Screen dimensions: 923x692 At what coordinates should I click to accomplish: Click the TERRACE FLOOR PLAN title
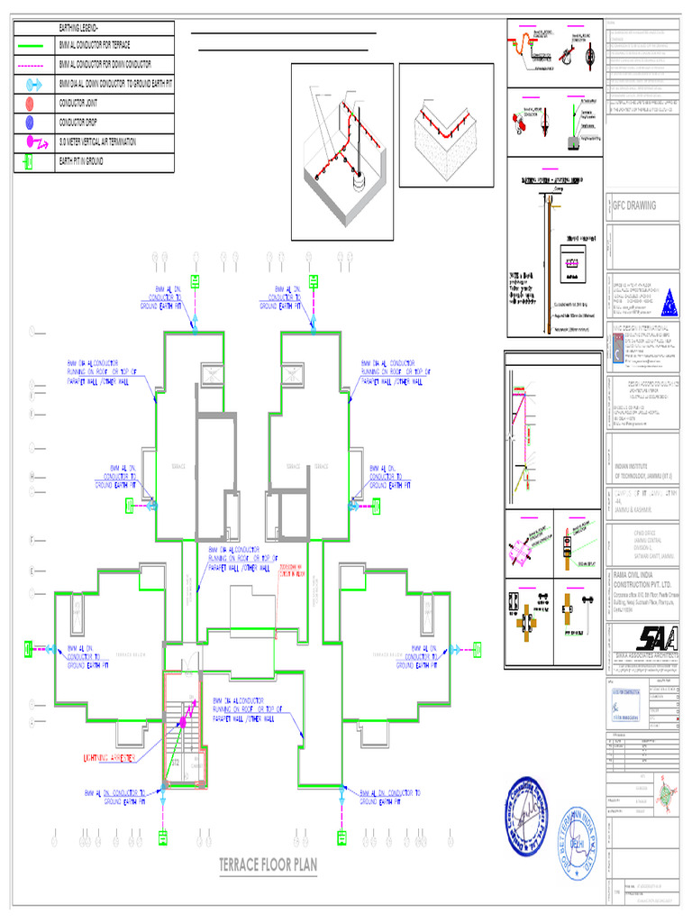pos(269,866)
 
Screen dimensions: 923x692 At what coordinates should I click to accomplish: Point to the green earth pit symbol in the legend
pos(31,161)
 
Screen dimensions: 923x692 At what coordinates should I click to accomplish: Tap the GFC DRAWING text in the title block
pos(634,206)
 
